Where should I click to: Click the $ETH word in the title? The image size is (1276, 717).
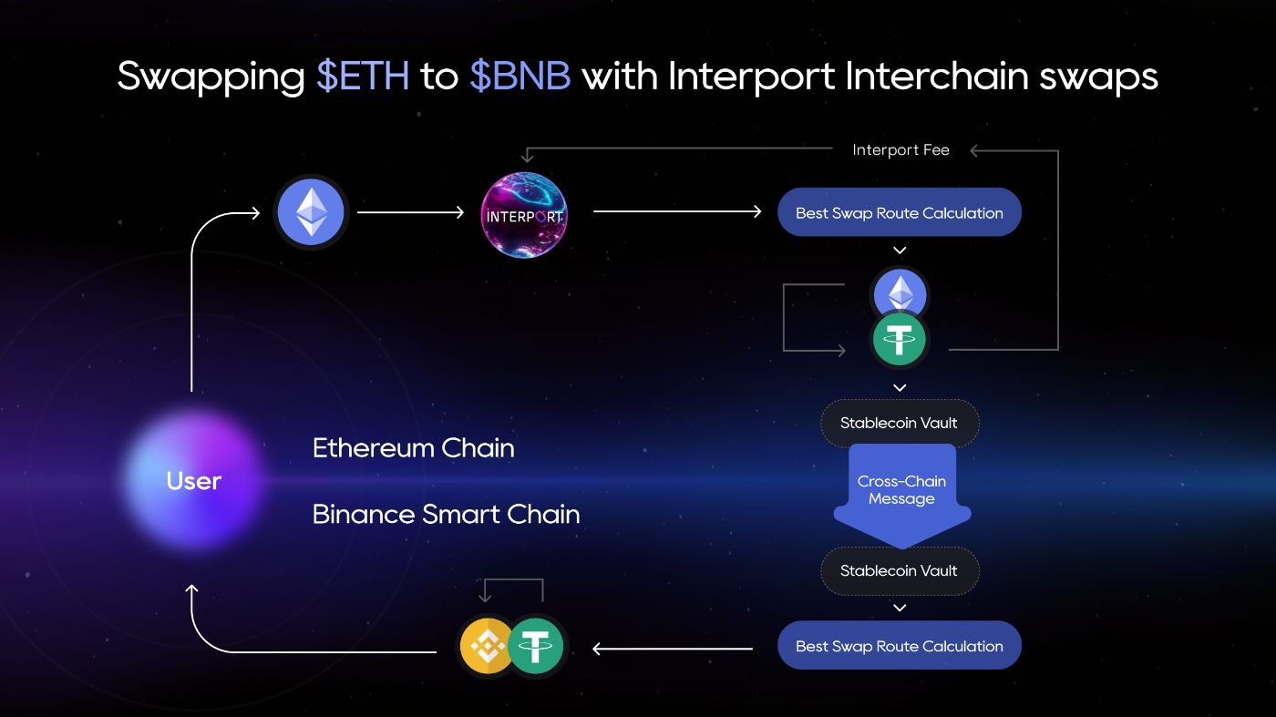[x=363, y=77]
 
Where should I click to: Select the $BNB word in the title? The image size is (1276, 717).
[x=520, y=77]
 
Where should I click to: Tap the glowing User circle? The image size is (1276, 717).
[x=194, y=480]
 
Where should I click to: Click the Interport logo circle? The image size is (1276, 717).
[x=524, y=215]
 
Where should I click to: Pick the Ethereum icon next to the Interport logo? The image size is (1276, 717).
[x=312, y=212]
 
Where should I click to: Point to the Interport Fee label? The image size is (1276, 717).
[x=900, y=150]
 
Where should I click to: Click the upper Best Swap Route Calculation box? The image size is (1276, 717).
[x=899, y=212]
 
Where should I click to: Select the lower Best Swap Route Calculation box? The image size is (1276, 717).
[x=899, y=646]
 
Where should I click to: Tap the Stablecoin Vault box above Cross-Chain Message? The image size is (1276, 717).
[x=899, y=423]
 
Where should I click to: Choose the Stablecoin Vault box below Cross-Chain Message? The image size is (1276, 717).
[x=899, y=571]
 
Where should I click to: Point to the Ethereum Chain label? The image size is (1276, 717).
[x=413, y=448]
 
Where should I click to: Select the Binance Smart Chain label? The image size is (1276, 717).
[x=446, y=514]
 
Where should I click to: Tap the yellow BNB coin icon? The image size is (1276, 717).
[x=487, y=647]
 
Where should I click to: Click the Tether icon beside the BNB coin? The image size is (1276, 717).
[x=536, y=647]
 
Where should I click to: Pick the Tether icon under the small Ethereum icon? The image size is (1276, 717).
[x=900, y=340]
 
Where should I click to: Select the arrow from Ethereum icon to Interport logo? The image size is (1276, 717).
[x=410, y=212]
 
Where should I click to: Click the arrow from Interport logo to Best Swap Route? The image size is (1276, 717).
[x=676, y=212]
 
